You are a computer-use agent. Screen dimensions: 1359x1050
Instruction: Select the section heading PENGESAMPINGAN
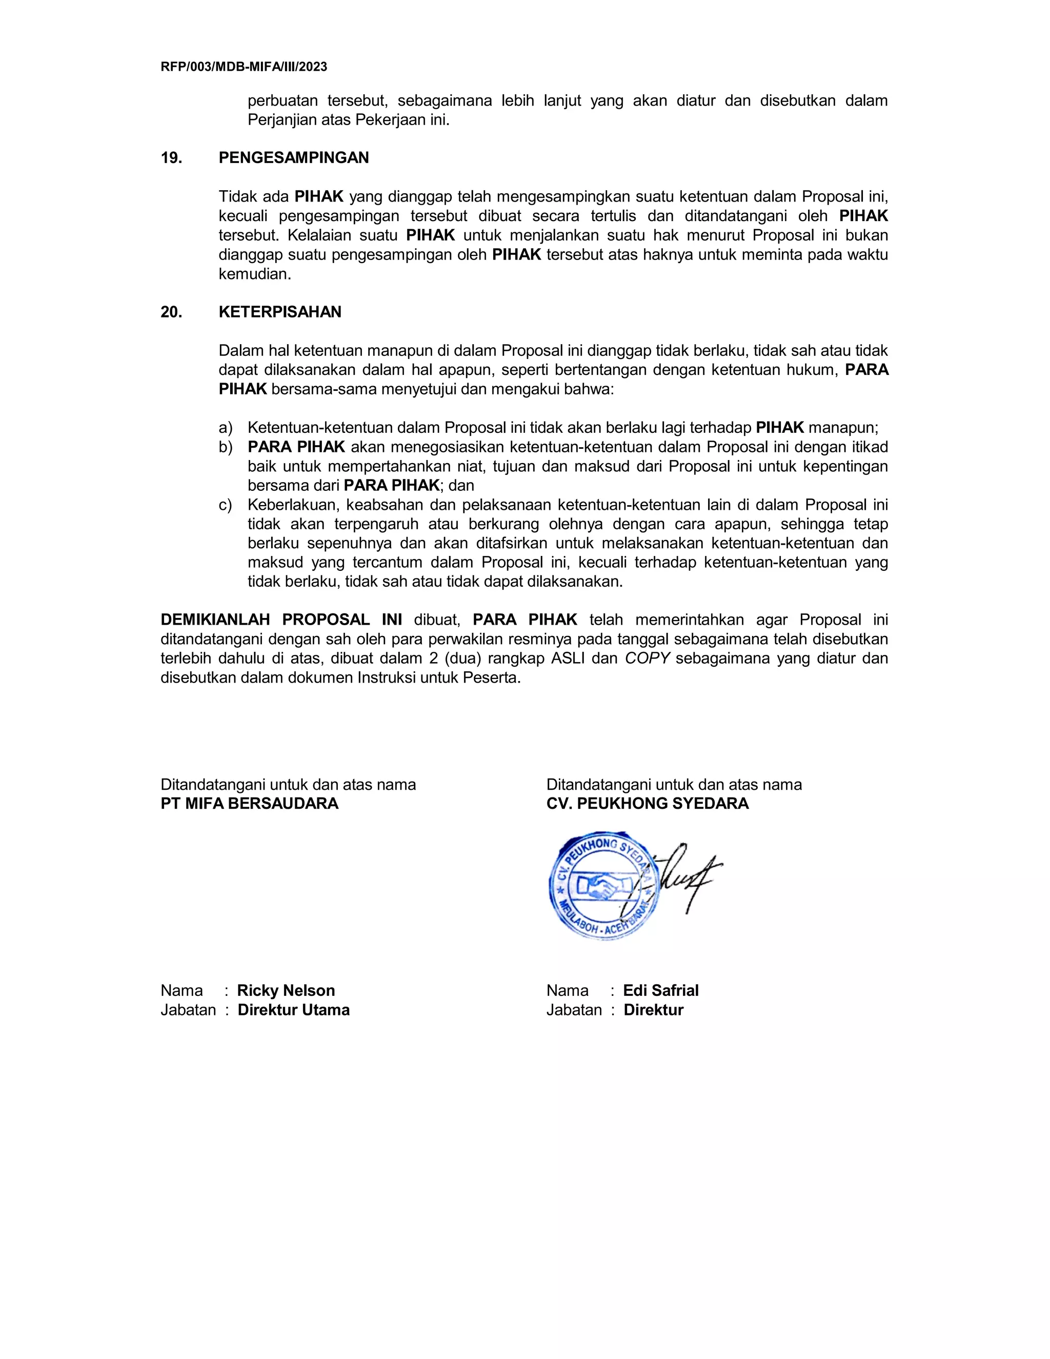(294, 158)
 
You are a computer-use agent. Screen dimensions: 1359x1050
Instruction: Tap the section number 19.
(171, 158)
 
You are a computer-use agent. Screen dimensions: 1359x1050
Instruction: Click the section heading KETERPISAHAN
(280, 312)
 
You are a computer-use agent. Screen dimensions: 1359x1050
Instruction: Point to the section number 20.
(171, 312)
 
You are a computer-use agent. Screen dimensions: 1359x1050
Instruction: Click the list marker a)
(225, 428)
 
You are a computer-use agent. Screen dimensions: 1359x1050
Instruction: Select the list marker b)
(225, 447)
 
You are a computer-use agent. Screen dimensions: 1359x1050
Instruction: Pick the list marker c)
(225, 505)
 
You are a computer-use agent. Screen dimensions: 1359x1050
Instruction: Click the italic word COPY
(647, 658)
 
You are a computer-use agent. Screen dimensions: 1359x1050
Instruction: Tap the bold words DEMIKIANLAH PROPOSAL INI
(281, 620)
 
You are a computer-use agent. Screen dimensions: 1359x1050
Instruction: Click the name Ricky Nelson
(286, 991)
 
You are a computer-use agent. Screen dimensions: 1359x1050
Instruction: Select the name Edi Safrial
(660, 991)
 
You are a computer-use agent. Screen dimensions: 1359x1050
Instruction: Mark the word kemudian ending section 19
(254, 274)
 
